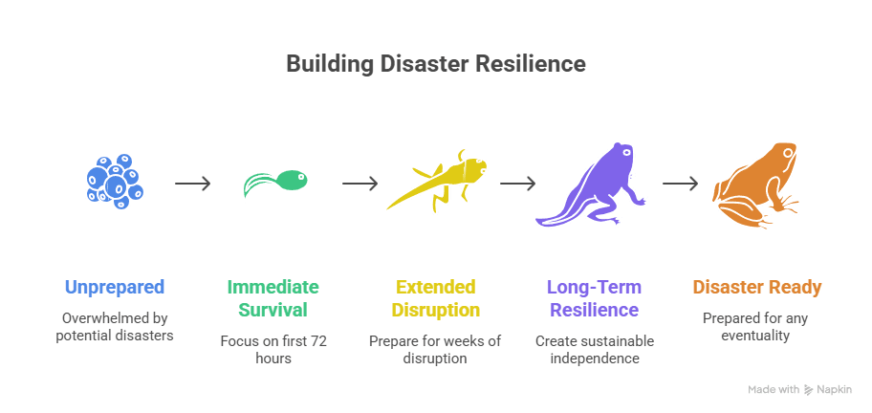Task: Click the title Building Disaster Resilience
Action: tap(436, 65)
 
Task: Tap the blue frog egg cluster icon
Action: tap(114, 179)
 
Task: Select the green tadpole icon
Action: tap(275, 183)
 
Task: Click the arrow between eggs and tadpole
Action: tap(192, 183)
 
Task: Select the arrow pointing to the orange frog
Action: tap(680, 183)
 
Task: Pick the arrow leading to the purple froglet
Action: tap(516, 183)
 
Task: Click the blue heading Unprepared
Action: tap(115, 287)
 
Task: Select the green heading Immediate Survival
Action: tap(272, 298)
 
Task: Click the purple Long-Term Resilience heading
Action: tap(593, 298)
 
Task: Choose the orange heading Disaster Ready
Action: tap(756, 287)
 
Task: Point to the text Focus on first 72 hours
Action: tap(272, 349)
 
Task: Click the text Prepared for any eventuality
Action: tap(756, 326)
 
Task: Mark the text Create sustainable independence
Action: tap(593, 349)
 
